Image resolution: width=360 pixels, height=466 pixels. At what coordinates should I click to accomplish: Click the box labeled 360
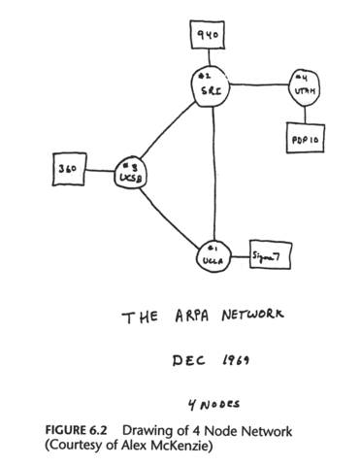[x=67, y=169]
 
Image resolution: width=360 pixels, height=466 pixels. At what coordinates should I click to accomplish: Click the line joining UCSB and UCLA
[x=169, y=215]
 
